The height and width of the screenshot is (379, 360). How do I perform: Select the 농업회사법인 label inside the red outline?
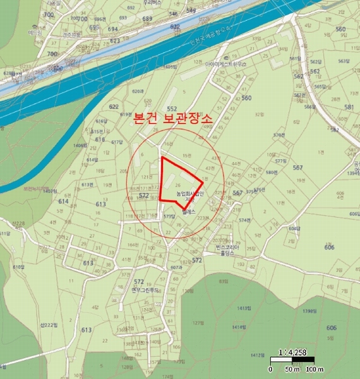pos(189,194)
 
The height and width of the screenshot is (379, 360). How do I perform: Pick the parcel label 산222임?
pos(48,325)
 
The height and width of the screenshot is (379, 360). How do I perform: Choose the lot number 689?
pos(148,19)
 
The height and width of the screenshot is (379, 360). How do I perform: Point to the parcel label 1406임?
pos(80,146)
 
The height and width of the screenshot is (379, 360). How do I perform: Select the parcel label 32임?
pos(258,115)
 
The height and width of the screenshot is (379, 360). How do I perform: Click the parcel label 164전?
pos(132,244)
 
